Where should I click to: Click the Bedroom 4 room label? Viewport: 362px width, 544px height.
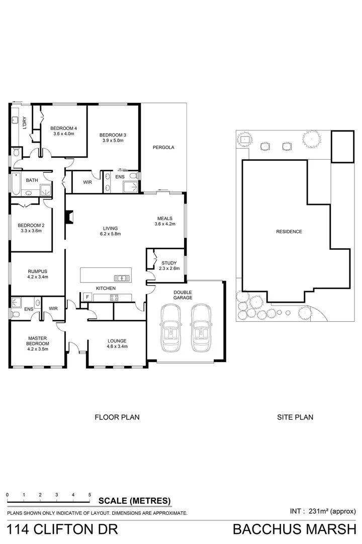pos(63,127)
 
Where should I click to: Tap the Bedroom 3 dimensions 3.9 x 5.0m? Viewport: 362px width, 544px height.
pos(112,141)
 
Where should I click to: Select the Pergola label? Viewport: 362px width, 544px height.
pos(163,148)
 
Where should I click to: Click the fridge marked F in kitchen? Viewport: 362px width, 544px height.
pos(87,297)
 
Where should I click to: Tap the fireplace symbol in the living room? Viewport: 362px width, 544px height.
pos(69,217)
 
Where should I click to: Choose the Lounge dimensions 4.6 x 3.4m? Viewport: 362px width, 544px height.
pos(117,347)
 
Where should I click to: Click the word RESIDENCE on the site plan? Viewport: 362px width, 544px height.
pos(289,232)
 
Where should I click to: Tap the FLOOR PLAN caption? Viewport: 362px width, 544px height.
pos(117,417)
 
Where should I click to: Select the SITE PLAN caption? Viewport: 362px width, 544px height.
pos(295,417)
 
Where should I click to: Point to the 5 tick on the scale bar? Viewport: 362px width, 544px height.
pos(89,495)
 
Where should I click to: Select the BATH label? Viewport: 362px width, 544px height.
pos(32,180)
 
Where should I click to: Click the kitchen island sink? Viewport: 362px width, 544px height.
pos(121,278)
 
